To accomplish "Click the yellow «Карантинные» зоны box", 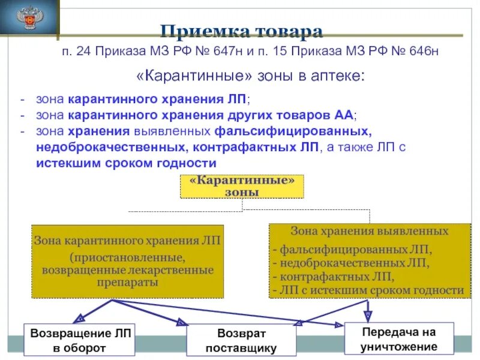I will pyautogui.click(x=242, y=186).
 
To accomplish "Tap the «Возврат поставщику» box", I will pyautogui.click(x=242, y=340).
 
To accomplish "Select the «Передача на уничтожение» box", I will pyautogui.click(x=398, y=339).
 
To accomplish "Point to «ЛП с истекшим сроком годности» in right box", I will pyautogui.click(x=368, y=290).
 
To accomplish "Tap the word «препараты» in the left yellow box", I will pyautogui.click(x=127, y=282).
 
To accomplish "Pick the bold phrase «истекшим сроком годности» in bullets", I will pyautogui.click(x=126, y=163).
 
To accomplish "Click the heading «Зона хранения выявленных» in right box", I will pyautogui.click(x=369, y=231).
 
